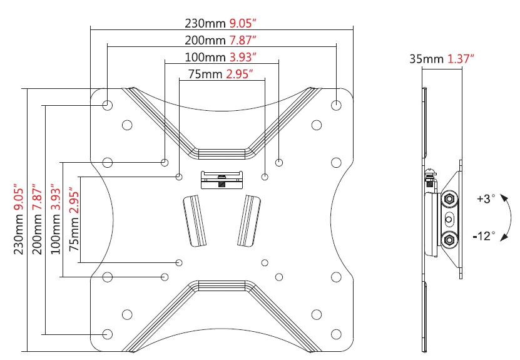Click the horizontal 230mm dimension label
click(x=205, y=24)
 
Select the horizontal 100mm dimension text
click(x=205, y=57)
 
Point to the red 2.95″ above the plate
click(x=240, y=74)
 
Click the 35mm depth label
click(x=426, y=59)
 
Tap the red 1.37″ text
click(x=461, y=59)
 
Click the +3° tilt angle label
click(x=486, y=198)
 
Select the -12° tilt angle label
click(x=484, y=236)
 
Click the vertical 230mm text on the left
click(x=19, y=234)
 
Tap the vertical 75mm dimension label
click(x=74, y=234)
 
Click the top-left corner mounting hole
click(x=108, y=106)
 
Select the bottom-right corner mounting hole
click(x=336, y=334)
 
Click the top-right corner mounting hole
click(x=336, y=106)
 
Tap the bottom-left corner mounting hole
click(x=108, y=334)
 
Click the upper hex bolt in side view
click(x=449, y=198)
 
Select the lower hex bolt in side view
click(x=449, y=239)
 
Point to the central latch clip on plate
click(x=222, y=180)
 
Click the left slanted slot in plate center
click(x=195, y=220)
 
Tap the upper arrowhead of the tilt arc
click(x=504, y=198)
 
